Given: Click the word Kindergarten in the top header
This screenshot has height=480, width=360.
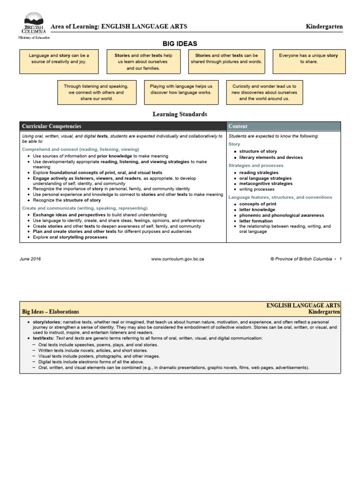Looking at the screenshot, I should tap(324, 27).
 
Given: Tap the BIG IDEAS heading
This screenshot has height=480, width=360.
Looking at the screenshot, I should tap(180, 43).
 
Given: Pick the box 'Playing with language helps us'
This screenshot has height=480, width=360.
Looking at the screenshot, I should tap(181, 90).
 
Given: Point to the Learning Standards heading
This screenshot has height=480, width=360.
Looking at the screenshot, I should tap(180, 114).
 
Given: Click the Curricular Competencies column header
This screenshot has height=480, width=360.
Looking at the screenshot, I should tap(52, 127).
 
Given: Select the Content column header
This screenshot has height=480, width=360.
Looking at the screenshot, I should tap(238, 127).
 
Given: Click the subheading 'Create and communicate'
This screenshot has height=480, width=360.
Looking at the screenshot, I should tap(85, 208).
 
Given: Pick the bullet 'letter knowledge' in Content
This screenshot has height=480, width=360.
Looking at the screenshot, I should tap(257, 210).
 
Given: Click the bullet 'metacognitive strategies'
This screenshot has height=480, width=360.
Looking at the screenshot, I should tap(265, 184).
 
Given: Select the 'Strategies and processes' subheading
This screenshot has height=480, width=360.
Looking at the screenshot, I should tap(256, 165).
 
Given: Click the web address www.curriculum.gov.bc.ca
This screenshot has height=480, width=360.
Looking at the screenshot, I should tap(177, 259).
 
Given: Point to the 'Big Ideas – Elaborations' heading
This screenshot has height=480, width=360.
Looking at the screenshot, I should tap(51, 311).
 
